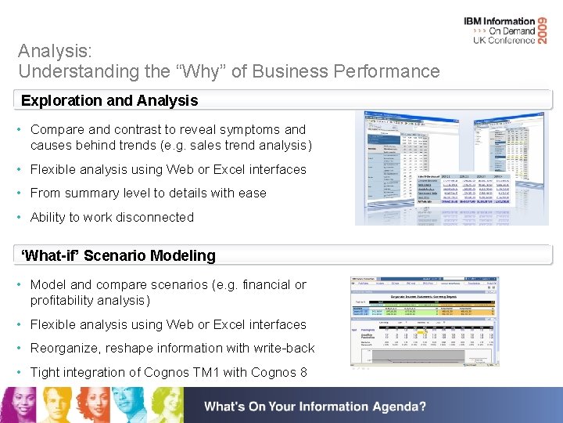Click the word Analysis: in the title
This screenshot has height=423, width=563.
55,52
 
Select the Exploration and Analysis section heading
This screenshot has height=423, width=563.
109,100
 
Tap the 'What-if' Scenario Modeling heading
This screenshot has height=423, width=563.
118,255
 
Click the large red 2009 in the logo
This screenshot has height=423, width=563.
547,30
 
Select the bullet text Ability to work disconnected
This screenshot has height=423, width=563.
112,217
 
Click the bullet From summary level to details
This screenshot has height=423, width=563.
148,193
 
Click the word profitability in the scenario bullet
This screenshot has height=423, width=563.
65,300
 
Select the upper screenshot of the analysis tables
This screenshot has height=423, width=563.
436,168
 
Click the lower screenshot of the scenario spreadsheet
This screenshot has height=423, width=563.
423,321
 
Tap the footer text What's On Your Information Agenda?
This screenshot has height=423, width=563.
315,407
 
